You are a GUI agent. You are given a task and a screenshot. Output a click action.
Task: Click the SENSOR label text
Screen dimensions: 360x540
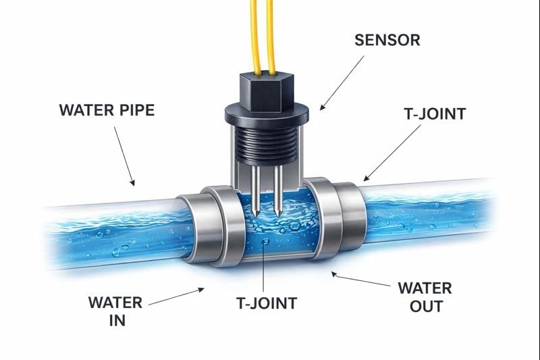coord(387,40)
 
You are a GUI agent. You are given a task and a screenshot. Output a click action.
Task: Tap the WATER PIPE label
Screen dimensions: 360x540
coord(107,109)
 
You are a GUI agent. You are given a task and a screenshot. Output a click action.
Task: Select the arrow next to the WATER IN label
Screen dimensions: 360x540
coord(177,298)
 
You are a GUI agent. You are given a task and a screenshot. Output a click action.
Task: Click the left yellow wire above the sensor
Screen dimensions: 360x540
coord(255,34)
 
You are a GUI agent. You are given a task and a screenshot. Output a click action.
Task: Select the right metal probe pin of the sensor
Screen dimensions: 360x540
coord(277,189)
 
